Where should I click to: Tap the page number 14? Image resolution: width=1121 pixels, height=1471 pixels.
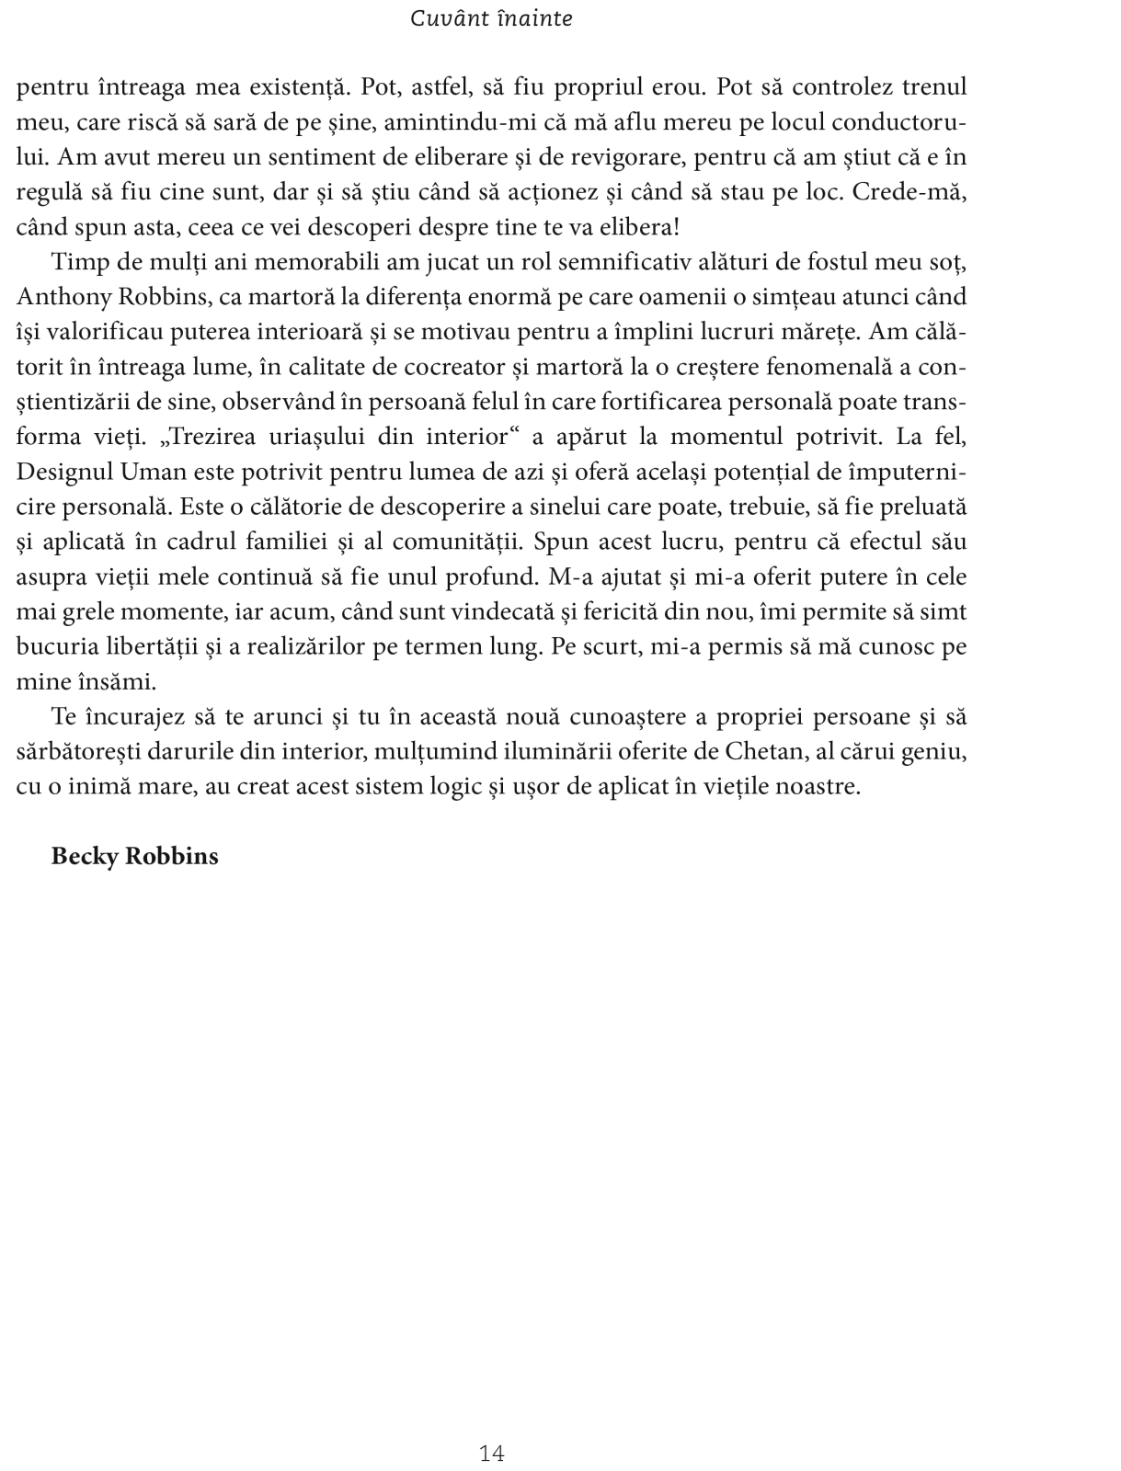492,1427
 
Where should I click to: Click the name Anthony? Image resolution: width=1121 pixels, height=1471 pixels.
61,297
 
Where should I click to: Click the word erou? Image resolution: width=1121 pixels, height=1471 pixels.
676,87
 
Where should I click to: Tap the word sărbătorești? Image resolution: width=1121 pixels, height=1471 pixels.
75,751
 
